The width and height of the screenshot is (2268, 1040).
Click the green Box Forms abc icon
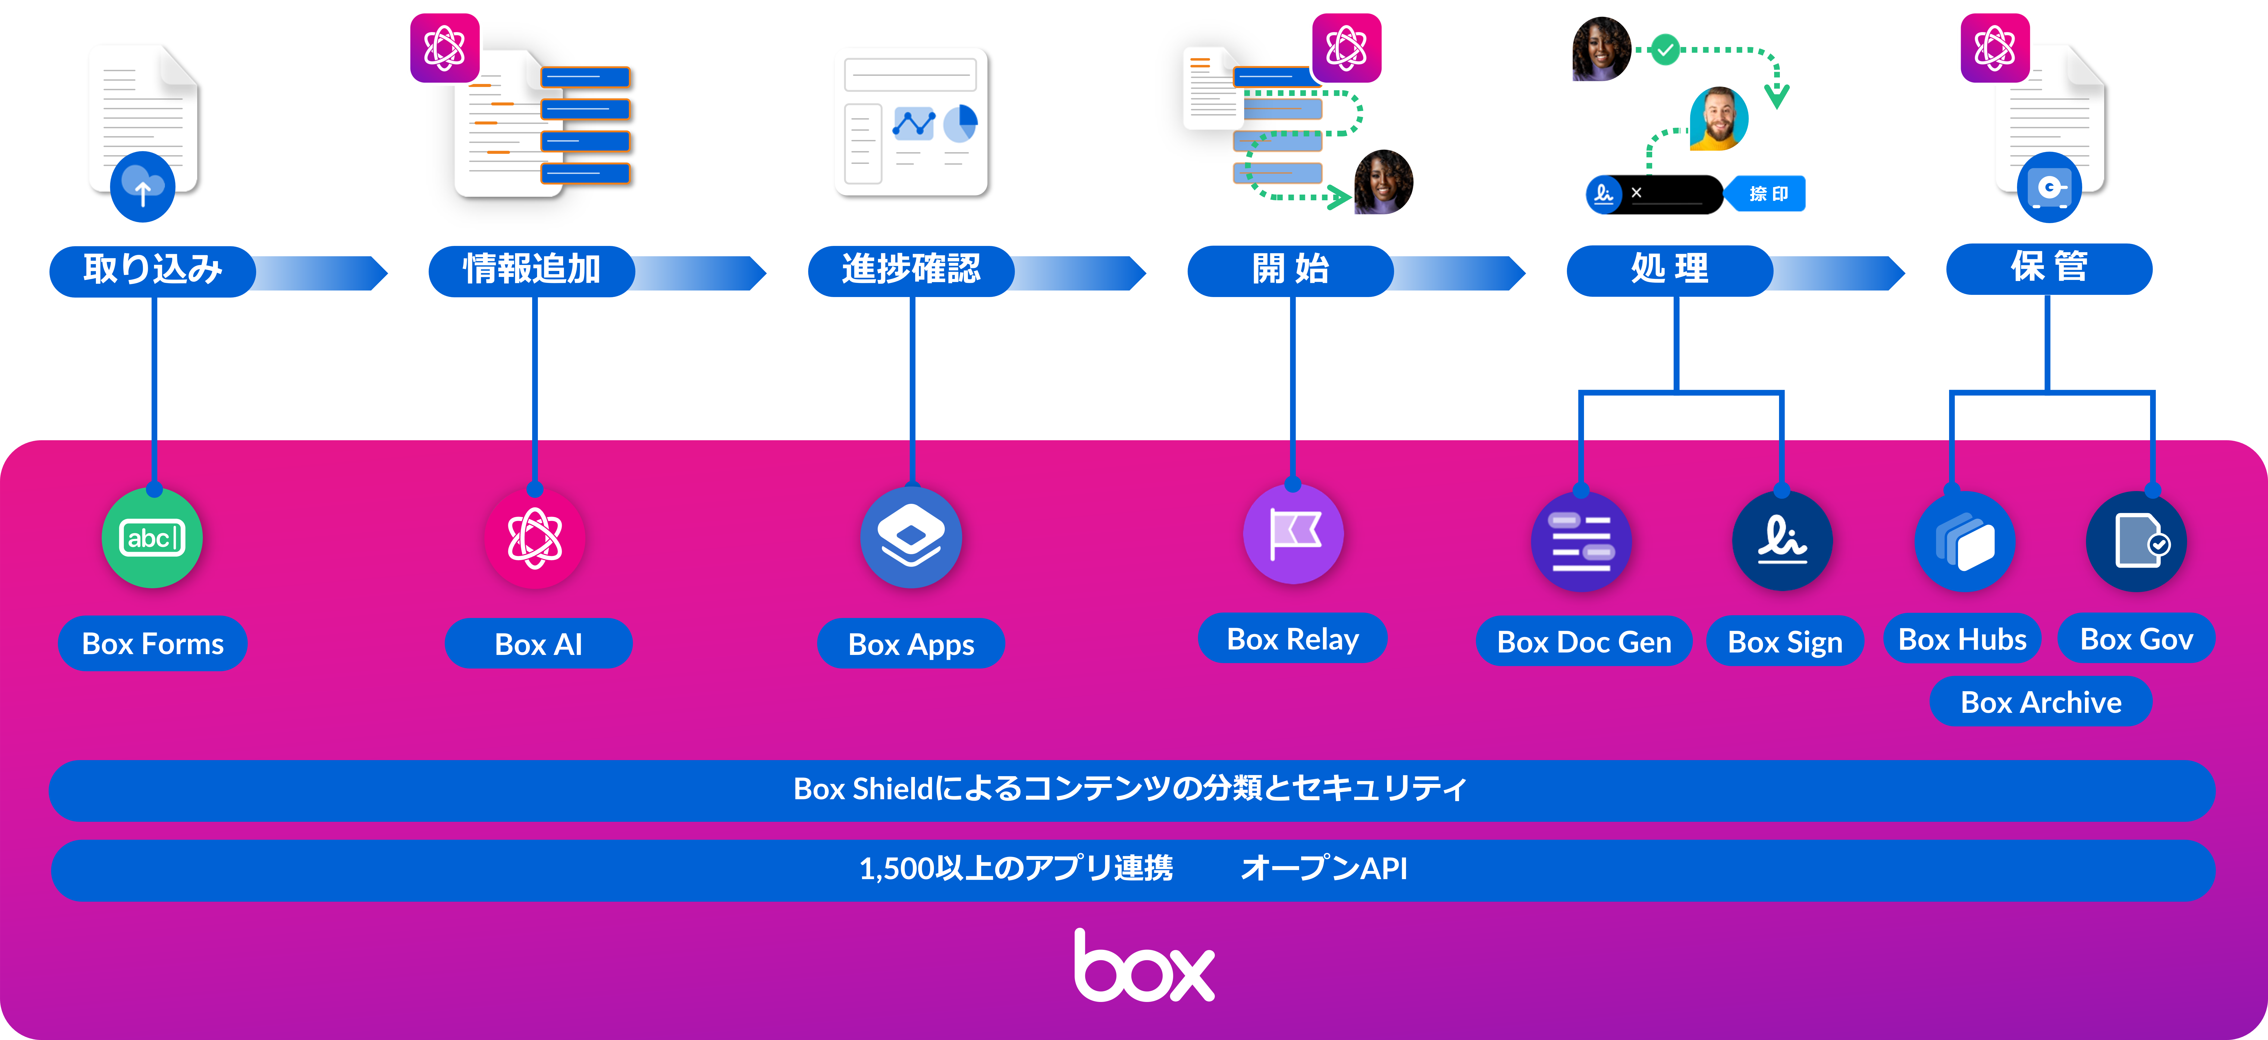(x=152, y=538)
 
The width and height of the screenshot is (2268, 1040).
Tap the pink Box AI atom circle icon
(x=534, y=538)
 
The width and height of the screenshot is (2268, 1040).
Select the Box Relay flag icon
(x=1293, y=534)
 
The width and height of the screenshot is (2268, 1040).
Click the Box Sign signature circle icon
(x=1782, y=541)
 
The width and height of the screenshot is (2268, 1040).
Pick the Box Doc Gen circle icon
(x=1581, y=541)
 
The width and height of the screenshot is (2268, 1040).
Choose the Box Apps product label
(x=910, y=644)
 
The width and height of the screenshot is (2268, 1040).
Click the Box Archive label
(x=2041, y=702)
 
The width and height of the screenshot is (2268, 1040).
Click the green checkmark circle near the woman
(x=1664, y=50)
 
